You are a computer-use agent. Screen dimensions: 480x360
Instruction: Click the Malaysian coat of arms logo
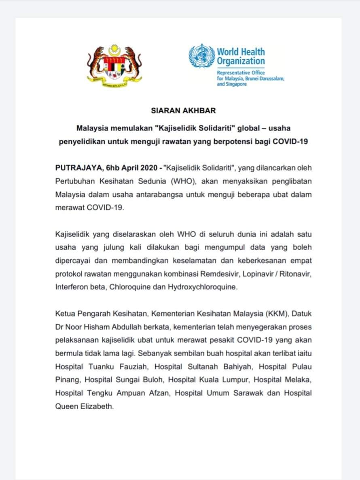115,65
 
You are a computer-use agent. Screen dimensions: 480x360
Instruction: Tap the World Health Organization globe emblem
202,57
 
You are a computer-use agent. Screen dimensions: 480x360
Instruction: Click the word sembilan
184,353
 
